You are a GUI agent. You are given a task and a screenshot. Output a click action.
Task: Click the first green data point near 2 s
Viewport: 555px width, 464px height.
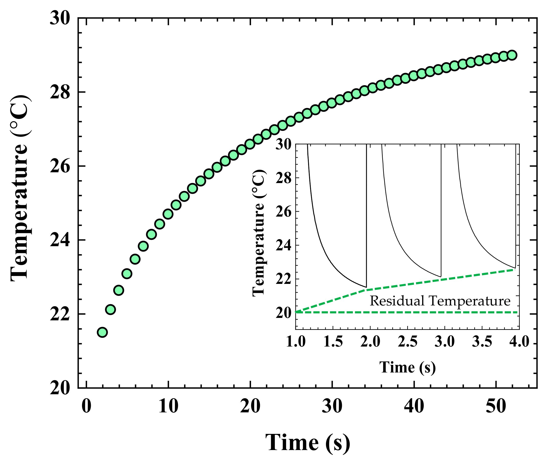(102, 332)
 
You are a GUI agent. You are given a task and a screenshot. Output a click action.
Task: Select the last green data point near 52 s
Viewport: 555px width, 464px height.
(512, 55)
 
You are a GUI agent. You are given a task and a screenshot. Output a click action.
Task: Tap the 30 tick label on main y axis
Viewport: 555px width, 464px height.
(60, 19)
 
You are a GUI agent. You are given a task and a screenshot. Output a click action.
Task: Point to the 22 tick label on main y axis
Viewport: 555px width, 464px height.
(60, 314)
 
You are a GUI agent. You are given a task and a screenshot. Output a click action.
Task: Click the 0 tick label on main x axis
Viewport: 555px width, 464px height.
(86, 406)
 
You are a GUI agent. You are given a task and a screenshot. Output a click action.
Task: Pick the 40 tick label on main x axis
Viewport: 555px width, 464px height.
(414, 406)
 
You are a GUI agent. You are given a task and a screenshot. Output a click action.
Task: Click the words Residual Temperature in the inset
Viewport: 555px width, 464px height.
(440, 301)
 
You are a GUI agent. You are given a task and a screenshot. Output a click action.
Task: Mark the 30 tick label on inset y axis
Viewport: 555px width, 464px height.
(283, 145)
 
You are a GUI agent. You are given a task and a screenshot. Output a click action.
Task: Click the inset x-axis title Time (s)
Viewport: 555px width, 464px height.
(407, 367)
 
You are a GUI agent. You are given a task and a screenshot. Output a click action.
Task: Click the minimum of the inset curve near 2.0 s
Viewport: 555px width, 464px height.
(366, 287)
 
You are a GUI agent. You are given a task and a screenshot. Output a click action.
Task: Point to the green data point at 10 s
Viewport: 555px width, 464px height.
(168, 214)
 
